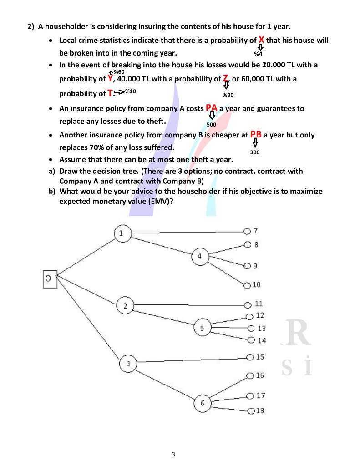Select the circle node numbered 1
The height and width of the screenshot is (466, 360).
(121, 233)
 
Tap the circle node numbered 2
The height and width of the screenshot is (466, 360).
(125, 305)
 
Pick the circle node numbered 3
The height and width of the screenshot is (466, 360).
(128, 363)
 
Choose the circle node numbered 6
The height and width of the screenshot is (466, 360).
(203, 403)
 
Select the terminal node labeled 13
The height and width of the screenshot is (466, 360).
(250, 329)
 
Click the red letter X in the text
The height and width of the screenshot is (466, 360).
(261, 40)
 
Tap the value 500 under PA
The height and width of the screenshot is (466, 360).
(211, 124)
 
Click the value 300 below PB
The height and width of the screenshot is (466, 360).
(255, 152)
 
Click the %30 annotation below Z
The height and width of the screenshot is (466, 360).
(228, 95)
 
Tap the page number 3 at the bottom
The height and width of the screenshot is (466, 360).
(173, 454)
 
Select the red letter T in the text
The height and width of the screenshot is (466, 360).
(110, 93)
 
